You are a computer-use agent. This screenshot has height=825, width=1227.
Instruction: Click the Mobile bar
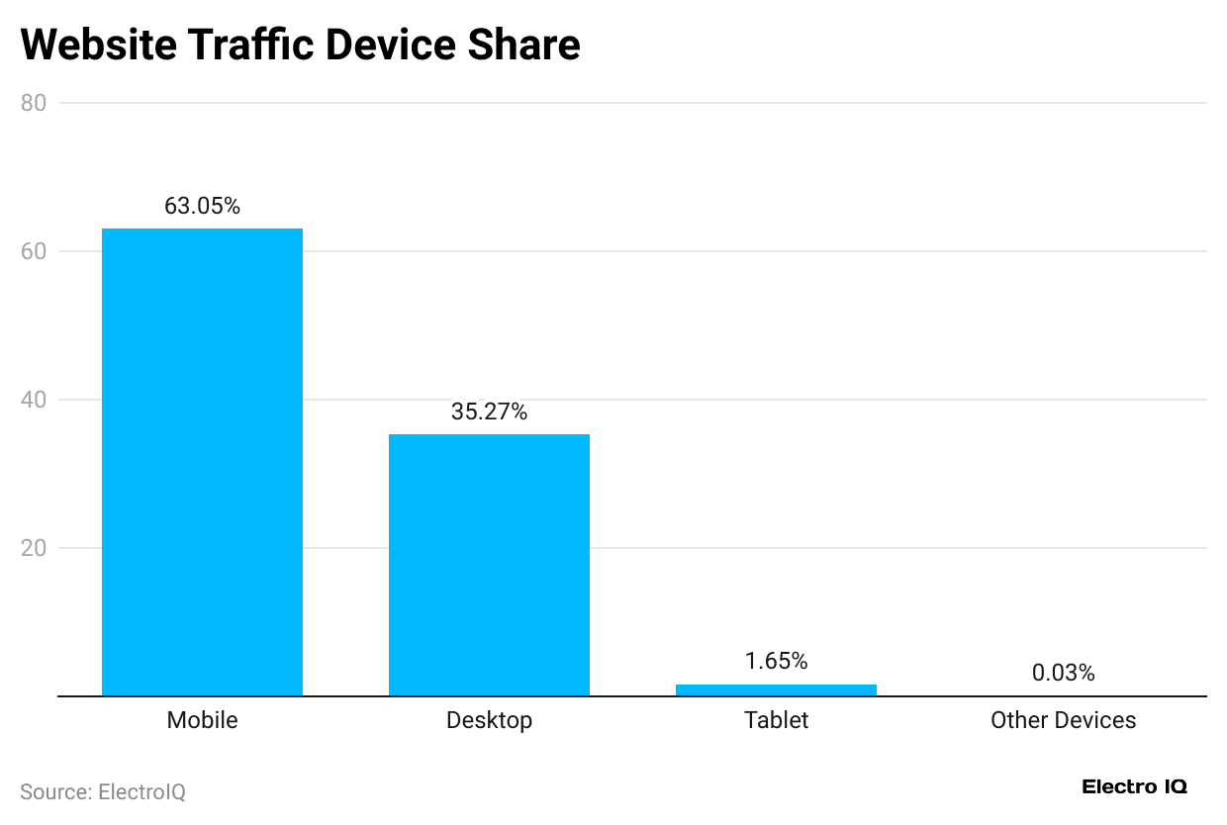tap(202, 462)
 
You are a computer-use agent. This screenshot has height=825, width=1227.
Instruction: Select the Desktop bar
tap(489, 565)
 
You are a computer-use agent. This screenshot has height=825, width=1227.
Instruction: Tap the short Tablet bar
tap(776, 689)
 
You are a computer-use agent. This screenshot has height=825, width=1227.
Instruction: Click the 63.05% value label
tap(202, 206)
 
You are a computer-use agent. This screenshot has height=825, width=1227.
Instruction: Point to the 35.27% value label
tap(489, 412)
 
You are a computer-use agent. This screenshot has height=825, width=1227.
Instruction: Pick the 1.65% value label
tap(776, 661)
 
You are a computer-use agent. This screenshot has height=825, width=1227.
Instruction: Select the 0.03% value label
tap(1063, 673)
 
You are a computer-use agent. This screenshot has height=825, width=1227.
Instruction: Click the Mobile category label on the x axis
tap(202, 720)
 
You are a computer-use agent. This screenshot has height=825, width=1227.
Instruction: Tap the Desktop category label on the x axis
tap(489, 720)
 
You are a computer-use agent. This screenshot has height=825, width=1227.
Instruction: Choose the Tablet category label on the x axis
tap(776, 720)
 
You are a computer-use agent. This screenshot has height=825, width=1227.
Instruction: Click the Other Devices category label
tap(1063, 720)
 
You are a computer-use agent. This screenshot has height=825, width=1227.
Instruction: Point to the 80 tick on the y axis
tap(35, 103)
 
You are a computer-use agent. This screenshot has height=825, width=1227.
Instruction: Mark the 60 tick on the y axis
tap(35, 251)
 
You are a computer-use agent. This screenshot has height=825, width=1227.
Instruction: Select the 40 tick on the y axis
tap(35, 400)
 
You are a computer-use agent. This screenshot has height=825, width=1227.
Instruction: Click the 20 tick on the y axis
tap(35, 548)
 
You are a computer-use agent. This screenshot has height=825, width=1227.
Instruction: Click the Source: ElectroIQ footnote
tap(103, 791)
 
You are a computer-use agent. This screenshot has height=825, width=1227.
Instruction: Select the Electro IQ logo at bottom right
tap(1134, 787)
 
